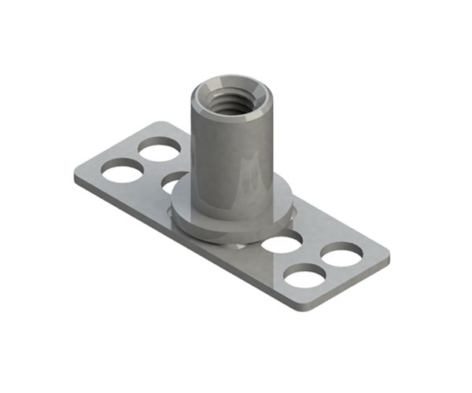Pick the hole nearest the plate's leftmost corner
click(120, 170)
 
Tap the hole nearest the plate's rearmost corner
click(160, 148)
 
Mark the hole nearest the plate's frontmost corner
click(304, 276)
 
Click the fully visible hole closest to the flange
click(282, 242)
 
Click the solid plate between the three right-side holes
click(311, 255)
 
